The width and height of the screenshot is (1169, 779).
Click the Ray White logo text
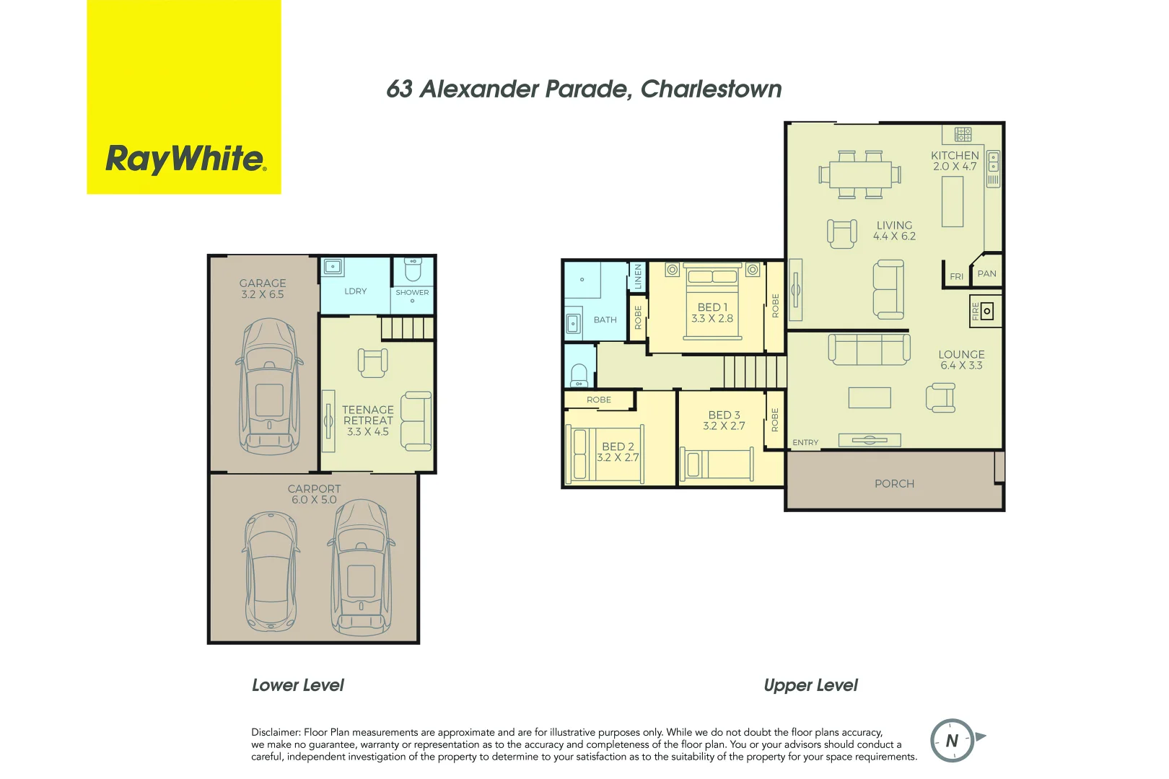coord(185,159)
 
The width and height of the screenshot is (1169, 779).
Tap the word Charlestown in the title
coord(711,89)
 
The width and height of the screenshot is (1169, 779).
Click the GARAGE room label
coord(263,283)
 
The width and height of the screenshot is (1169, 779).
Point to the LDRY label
coord(355,291)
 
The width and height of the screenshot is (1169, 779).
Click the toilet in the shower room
coord(413,270)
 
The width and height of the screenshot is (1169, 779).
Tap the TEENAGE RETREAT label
coord(368,415)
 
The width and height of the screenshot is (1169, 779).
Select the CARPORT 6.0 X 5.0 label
coord(314,494)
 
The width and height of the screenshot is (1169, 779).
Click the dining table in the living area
coord(859,175)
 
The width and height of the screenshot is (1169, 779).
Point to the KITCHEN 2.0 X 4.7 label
coord(955,161)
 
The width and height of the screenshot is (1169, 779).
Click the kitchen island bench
coord(953,201)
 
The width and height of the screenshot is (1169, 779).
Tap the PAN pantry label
coord(986,274)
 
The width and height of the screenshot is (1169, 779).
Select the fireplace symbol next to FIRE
coord(987,312)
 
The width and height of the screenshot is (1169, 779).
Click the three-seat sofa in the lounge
coord(869,349)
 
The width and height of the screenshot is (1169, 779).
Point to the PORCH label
coord(894,484)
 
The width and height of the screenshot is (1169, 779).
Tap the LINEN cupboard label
coord(638,276)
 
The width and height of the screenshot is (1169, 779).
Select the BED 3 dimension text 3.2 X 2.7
coord(724,426)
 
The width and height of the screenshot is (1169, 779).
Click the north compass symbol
coord(953,740)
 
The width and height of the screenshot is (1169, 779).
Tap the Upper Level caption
coord(810,685)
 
